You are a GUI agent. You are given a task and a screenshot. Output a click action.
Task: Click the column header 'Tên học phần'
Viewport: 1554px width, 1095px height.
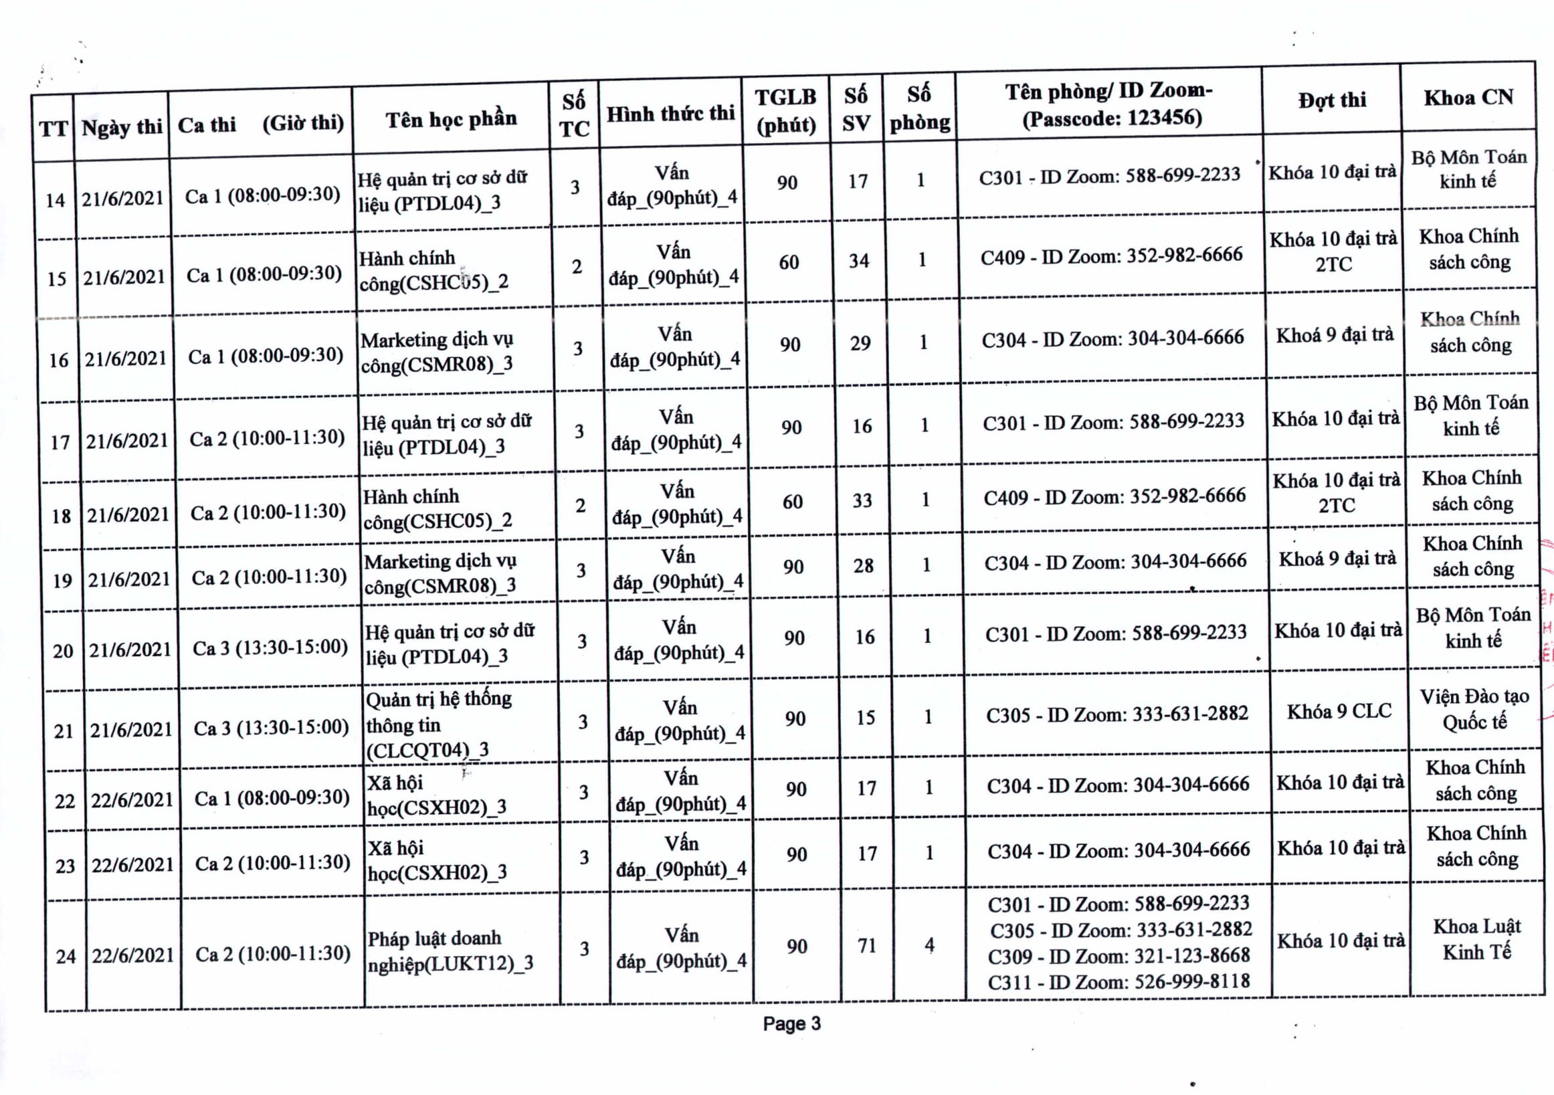[x=451, y=120]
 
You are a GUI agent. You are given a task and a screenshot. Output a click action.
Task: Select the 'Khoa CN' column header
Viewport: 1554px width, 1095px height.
[x=1468, y=98]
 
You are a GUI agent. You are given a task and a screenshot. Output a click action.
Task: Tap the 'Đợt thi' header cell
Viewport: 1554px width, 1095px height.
[x=1331, y=101]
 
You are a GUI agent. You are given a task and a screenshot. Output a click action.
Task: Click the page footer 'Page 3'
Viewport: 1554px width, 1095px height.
[x=791, y=1024]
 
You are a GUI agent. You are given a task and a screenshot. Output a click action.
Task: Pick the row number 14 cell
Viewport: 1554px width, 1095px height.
[x=55, y=200]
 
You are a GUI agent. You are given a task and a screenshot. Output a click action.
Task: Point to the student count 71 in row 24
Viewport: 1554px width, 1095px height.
[x=867, y=946]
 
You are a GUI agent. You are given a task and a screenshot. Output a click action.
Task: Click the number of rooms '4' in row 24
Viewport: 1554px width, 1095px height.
[x=929, y=944]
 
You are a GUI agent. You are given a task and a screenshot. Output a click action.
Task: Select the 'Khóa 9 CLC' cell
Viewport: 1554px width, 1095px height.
[x=1339, y=712]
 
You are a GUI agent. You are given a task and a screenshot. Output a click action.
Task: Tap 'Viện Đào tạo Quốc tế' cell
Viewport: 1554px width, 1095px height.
[x=1474, y=709]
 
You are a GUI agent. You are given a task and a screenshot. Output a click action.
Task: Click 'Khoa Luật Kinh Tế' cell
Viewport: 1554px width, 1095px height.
[x=1477, y=939]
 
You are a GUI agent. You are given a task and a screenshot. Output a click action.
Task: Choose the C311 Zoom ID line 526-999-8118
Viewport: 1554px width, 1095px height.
[x=1119, y=981]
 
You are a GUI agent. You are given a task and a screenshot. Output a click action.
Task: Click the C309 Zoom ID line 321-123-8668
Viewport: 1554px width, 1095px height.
[x=1119, y=957]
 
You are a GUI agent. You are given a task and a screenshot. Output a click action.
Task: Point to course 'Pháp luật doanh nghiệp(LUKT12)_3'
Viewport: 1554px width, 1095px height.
[x=450, y=951]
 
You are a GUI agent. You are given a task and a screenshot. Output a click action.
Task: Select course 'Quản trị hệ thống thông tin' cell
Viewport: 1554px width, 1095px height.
[x=439, y=724]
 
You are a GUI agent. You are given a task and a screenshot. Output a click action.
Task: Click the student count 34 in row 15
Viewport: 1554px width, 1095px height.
[x=859, y=262]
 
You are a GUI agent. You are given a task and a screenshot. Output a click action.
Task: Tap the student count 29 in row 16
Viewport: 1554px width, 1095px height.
[x=860, y=344]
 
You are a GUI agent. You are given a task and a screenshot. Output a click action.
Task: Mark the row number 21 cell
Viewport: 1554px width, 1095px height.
[x=64, y=732]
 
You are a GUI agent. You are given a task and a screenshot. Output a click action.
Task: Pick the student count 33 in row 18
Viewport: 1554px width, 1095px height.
[x=862, y=501]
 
